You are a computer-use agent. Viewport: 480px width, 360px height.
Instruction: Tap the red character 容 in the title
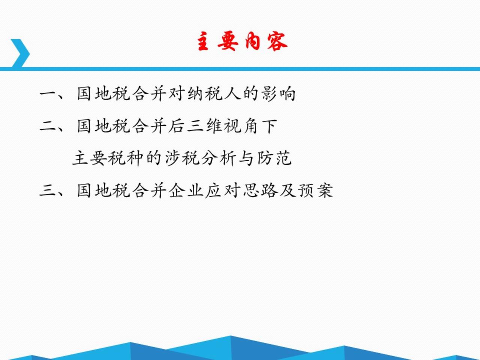pos(277,41)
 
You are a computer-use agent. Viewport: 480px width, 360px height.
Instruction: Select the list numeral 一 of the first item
pos(48,94)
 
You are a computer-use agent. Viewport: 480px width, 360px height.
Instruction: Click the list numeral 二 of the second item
pos(48,126)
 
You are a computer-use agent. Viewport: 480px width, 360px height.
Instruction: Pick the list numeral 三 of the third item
pos(48,191)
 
